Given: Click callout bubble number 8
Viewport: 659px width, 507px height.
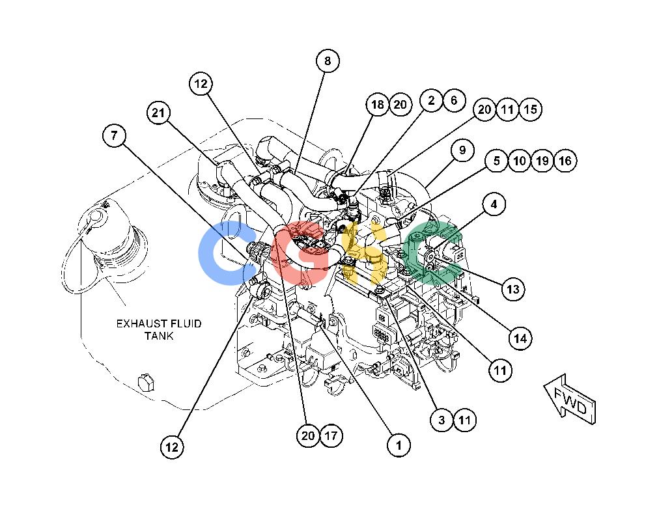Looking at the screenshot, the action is [328, 61].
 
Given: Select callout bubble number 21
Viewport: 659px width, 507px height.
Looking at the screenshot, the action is [158, 113].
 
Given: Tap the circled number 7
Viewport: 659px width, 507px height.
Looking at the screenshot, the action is [114, 135].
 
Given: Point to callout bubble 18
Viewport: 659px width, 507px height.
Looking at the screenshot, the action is [378, 104].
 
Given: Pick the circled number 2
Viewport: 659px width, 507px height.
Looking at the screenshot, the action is [431, 100].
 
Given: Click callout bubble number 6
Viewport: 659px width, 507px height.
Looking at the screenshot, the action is [454, 100].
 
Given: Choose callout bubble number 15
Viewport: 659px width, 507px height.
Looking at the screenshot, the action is [531, 109].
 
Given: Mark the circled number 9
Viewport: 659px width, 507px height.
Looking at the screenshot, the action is [462, 150].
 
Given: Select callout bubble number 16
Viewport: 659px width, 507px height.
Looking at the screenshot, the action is [565, 161].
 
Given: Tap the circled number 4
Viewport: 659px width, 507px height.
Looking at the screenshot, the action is [494, 204].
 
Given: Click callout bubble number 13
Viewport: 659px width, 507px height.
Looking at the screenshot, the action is [513, 289].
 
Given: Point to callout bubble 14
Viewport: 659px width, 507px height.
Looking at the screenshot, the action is [520, 338].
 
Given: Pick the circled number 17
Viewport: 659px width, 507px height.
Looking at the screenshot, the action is [331, 435].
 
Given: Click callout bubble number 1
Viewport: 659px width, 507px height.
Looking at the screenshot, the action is [399, 445].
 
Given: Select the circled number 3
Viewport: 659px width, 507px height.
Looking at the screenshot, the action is [442, 420].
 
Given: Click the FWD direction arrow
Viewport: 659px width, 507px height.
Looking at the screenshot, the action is [570, 400].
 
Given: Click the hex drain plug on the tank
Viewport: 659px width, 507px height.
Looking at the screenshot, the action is [145, 382].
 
